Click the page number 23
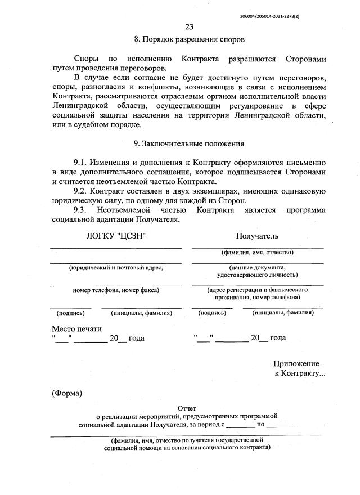click(188, 27)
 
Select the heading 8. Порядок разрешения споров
click(189, 39)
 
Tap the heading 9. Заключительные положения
click(188, 144)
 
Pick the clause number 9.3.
click(82, 210)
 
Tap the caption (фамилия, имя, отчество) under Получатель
click(257, 253)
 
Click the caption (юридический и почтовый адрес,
click(115, 268)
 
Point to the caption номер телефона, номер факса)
click(116, 290)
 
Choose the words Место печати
click(77, 328)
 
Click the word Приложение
click(296, 363)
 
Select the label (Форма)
click(67, 393)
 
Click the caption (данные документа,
click(257, 268)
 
